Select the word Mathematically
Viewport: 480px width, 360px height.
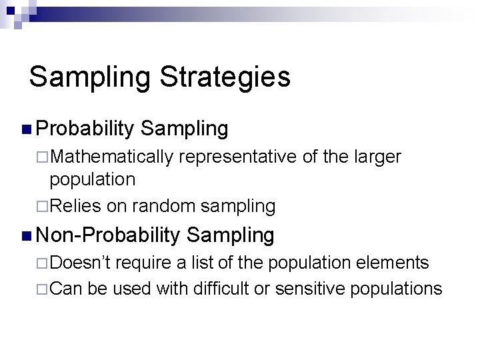point(113,157)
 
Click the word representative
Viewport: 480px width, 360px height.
point(234,157)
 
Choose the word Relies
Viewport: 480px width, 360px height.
point(74,206)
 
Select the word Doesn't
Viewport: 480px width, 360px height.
point(77,263)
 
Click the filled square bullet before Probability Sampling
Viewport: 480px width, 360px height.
point(26,128)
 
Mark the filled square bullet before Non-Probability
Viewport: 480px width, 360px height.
point(26,235)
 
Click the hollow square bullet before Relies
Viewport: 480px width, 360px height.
point(44,207)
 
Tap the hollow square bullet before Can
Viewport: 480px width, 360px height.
point(44,289)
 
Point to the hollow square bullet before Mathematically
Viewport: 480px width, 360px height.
point(44,157)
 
